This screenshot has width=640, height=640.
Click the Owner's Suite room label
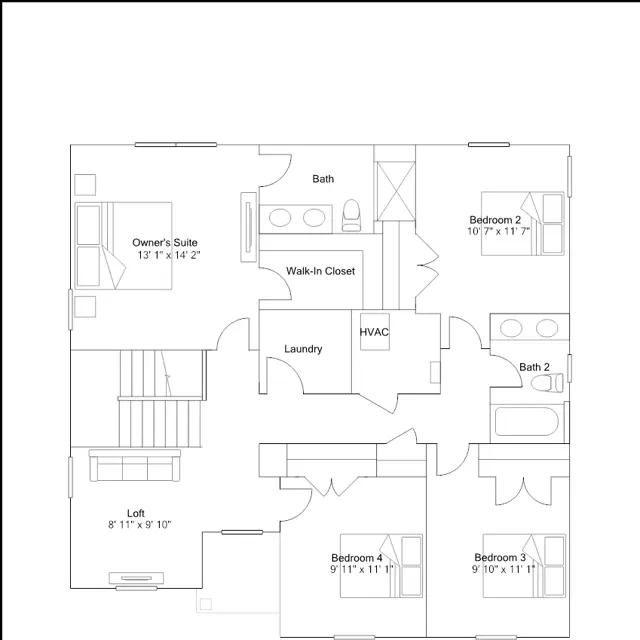165,242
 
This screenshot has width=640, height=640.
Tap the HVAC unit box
375,332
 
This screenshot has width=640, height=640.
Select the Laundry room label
303,349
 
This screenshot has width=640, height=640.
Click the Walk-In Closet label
320,271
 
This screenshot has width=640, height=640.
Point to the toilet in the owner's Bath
351,215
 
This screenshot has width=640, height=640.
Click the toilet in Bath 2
547,383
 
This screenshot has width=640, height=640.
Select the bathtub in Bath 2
527,422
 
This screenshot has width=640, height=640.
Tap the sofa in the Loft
135,465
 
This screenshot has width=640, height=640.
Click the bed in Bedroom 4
381,566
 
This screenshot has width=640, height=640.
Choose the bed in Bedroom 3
524,566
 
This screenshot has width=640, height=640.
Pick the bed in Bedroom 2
523,224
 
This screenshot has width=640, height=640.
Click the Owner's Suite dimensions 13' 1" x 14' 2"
169,256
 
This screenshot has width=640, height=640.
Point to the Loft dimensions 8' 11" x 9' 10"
140,525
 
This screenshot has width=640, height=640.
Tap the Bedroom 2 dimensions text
499,231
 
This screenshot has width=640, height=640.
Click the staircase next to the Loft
160,398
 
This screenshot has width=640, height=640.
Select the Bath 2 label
534,367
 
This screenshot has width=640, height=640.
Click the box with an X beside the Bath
396,191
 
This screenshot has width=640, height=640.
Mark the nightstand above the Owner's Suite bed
85,185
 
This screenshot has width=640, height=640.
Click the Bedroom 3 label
500,558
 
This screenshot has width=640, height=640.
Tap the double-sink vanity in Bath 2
530,327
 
